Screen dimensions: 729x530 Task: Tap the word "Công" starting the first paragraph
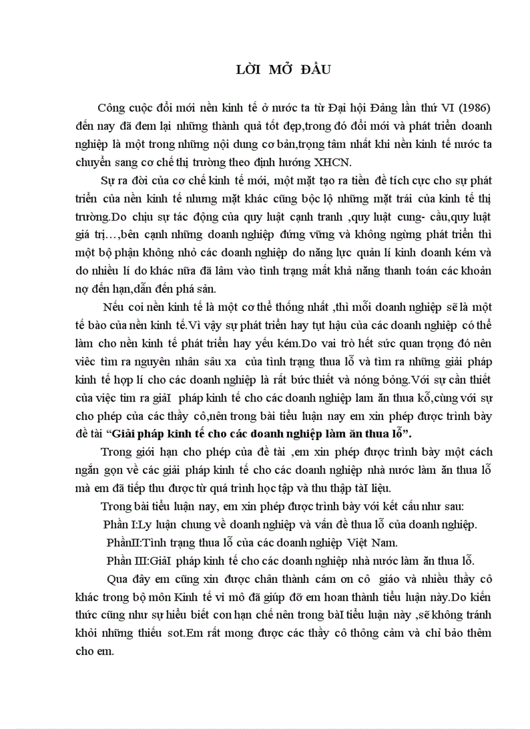pos(112,108)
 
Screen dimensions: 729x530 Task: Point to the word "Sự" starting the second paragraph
pos(108,179)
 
